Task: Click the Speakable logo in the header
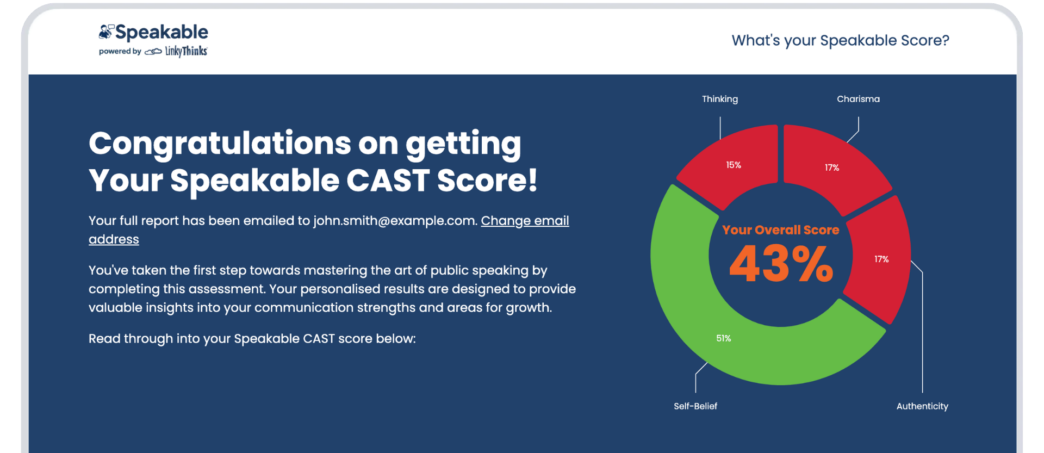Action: pyautogui.click(x=153, y=33)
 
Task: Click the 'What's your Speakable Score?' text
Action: pyautogui.click(x=840, y=40)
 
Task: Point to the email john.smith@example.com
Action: pyautogui.click(x=395, y=221)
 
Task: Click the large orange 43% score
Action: pyautogui.click(x=781, y=264)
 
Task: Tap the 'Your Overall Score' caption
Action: pyautogui.click(x=781, y=230)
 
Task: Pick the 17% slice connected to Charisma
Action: pyautogui.click(x=832, y=163)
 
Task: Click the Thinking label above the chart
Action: pyautogui.click(x=720, y=99)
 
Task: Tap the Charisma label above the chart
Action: pyautogui.click(x=858, y=99)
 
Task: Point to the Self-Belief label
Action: pyautogui.click(x=695, y=406)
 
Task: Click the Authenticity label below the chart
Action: pyautogui.click(x=922, y=406)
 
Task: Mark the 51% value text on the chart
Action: pyautogui.click(x=723, y=338)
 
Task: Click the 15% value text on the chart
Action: pyautogui.click(x=734, y=165)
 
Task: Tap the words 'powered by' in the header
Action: pyautogui.click(x=120, y=52)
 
